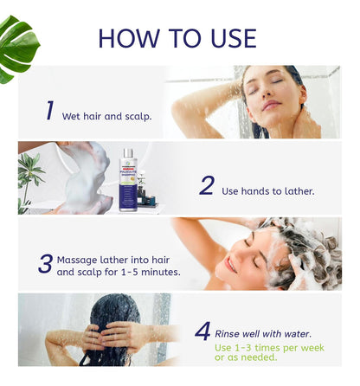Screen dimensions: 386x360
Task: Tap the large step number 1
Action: coord(49,111)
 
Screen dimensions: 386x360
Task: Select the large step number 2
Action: coord(206,185)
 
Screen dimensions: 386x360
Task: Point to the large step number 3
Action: coord(45,264)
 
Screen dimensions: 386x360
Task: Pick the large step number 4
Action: coord(202,332)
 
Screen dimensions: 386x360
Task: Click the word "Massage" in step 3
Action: coord(79,259)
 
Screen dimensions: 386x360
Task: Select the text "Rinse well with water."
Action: coord(262,334)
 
